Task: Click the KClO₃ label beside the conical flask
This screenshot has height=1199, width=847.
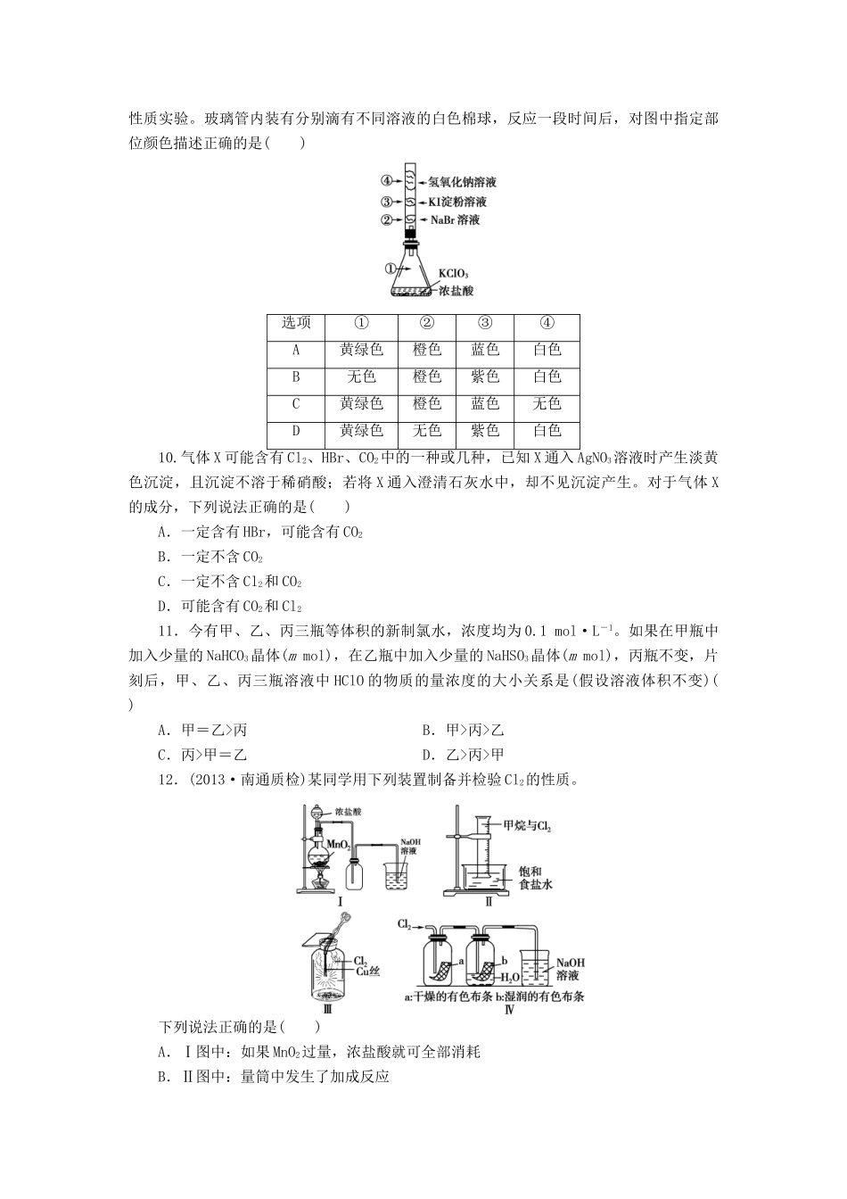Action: point(452,273)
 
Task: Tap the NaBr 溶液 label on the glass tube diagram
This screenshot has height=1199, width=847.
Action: point(456,219)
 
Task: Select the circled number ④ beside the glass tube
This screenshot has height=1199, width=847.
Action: point(387,181)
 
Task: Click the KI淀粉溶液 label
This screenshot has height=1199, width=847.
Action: point(457,202)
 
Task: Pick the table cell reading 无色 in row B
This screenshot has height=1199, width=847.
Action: point(361,377)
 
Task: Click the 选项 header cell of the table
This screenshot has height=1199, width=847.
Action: point(296,323)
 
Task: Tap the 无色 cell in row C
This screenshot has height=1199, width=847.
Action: point(547,404)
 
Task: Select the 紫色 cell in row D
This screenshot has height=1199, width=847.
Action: point(485,431)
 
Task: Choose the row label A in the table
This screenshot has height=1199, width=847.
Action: point(296,351)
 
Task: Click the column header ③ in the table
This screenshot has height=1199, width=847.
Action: point(485,323)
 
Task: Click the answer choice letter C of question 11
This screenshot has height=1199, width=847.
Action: point(162,755)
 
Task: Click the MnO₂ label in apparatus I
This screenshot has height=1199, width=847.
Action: point(338,843)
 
